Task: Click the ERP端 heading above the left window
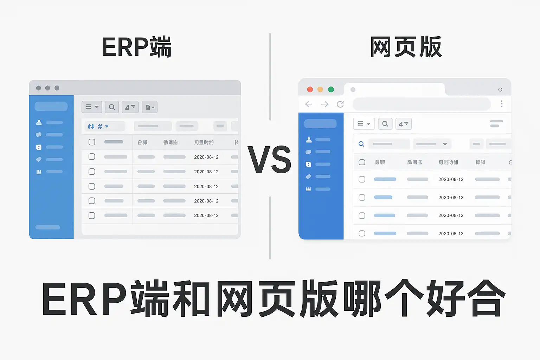pos(136,47)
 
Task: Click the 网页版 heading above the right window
pos(406,47)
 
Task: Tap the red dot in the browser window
pos(310,89)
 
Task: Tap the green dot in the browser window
pos(331,89)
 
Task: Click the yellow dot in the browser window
pos(320,89)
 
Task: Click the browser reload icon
pos(340,104)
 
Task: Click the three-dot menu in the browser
pos(502,104)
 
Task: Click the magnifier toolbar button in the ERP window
pos(112,107)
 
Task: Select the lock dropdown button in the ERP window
pos(150,107)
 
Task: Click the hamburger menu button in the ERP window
pos(92,107)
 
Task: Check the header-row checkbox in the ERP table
pos(92,142)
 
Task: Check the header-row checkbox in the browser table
pos(362,162)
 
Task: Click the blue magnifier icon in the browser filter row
pos(361,144)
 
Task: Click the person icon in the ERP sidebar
pos(39,122)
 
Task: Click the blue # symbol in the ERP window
pos(100,126)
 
